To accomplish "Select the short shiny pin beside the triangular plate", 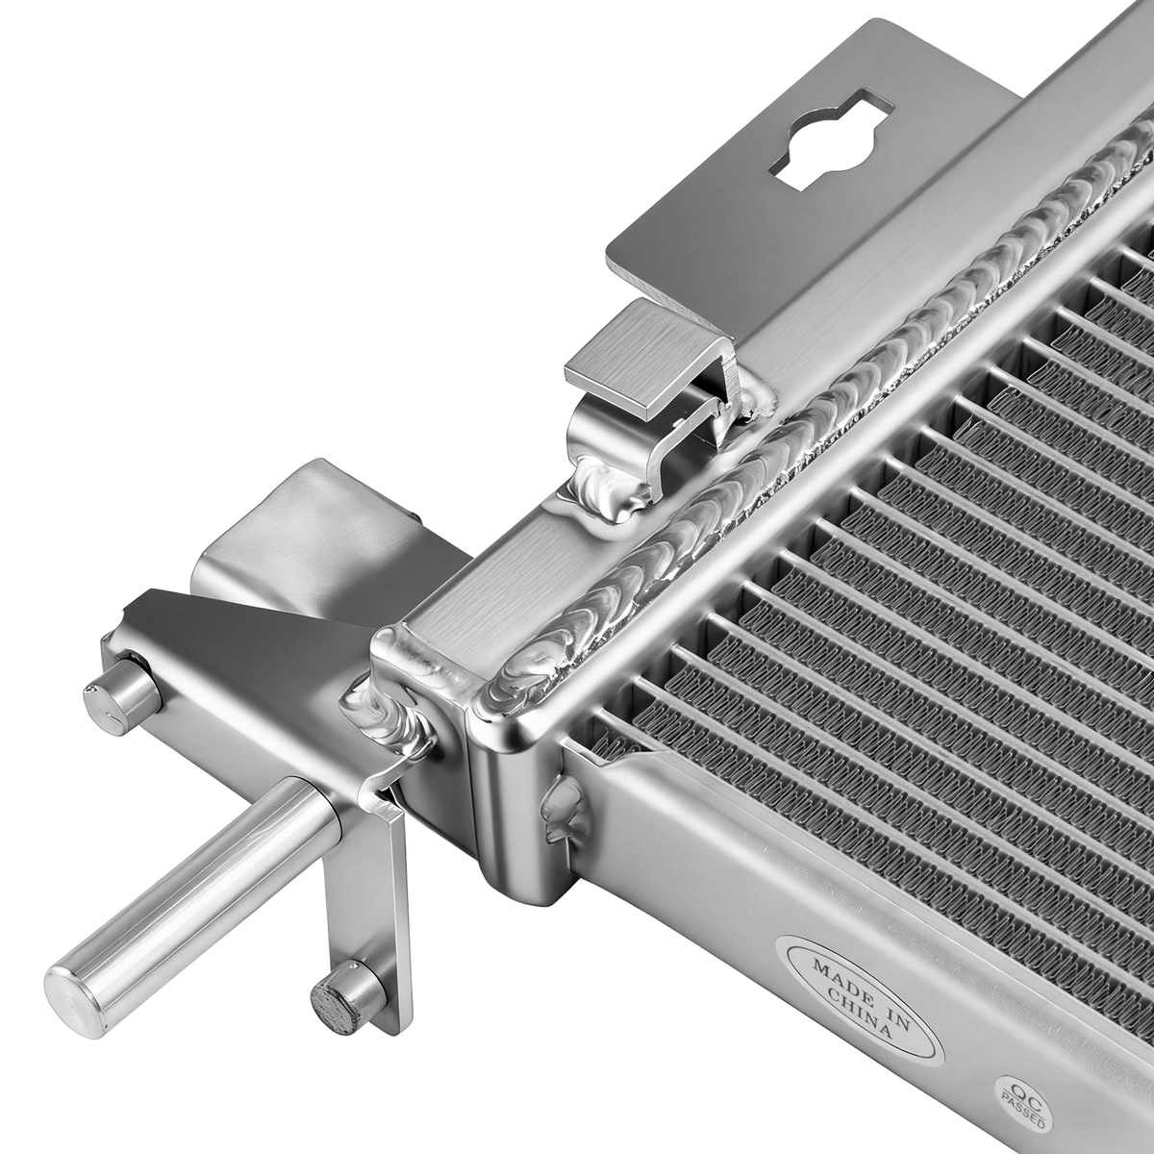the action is [x=122, y=696].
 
